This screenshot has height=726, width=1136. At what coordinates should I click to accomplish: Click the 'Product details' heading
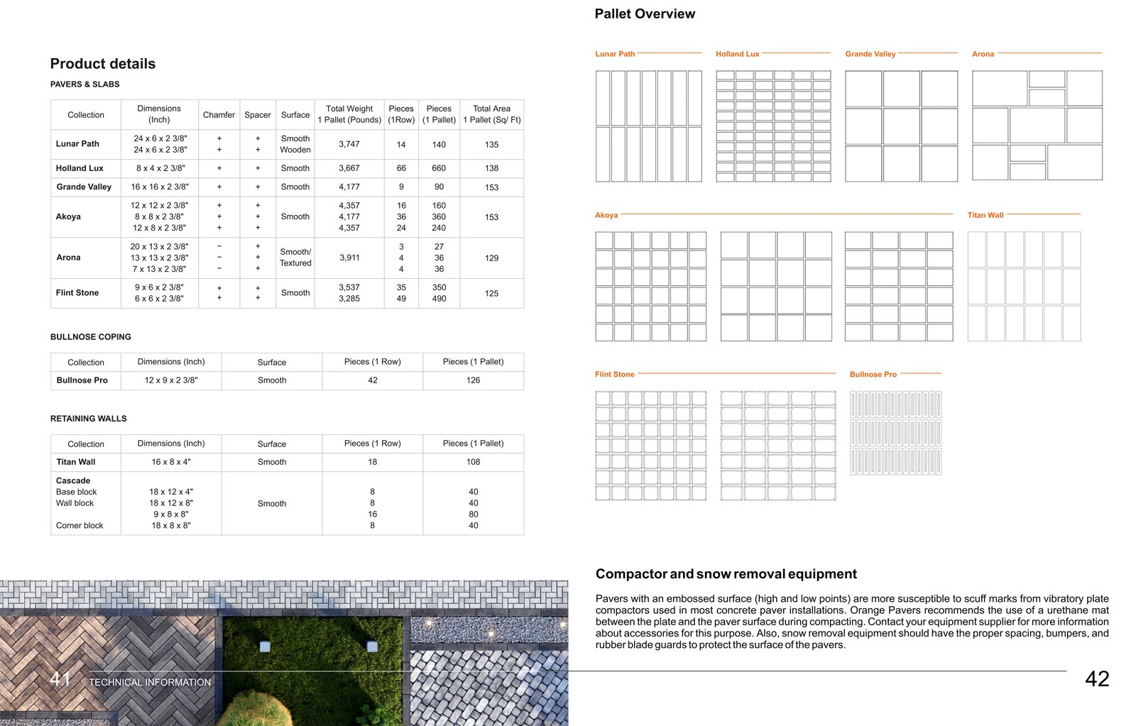(103, 64)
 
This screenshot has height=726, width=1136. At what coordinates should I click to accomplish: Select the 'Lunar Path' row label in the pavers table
(77, 143)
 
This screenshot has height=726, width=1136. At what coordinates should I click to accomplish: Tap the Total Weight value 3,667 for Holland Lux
(349, 168)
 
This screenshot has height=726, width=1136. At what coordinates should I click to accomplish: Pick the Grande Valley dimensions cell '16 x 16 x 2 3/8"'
(160, 187)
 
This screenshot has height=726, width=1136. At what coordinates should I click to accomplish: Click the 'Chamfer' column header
(219, 114)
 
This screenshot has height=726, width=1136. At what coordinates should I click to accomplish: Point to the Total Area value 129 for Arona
(491, 258)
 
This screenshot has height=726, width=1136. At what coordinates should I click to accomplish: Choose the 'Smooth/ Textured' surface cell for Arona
(295, 257)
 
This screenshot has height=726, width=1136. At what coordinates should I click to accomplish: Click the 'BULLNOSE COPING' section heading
(91, 337)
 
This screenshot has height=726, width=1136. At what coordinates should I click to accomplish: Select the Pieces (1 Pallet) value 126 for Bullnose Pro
(473, 380)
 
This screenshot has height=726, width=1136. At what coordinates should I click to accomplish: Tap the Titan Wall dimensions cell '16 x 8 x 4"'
(171, 462)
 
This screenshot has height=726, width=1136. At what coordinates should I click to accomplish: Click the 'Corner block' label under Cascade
(80, 526)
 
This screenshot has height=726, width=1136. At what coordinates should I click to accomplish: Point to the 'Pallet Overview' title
(645, 14)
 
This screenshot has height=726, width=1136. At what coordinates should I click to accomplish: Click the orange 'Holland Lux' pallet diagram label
(737, 54)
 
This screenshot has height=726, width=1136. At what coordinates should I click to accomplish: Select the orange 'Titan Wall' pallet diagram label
(985, 215)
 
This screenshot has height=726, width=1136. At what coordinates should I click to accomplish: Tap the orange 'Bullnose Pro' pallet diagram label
(873, 374)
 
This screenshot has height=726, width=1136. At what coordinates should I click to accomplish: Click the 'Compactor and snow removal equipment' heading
(726, 574)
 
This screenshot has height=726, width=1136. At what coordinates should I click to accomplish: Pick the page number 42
(1097, 679)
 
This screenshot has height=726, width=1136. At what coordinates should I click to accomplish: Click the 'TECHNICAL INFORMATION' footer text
(150, 682)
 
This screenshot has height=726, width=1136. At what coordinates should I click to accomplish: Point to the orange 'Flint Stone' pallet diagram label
(614, 374)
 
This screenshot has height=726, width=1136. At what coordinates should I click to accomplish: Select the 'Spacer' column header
(257, 114)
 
